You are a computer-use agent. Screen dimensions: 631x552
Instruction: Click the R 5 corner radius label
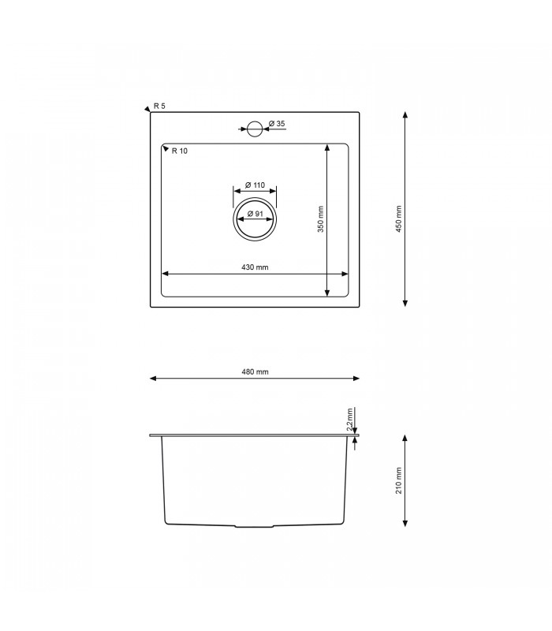pyautogui.click(x=160, y=106)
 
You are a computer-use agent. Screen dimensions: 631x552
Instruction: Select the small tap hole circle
pyautogui.click(x=255, y=129)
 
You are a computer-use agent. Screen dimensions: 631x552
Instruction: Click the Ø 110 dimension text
pyautogui.click(x=254, y=185)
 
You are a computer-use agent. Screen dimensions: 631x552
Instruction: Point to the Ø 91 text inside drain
pyautogui.click(x=254, y=214)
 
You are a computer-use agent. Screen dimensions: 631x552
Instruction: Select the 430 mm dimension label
pyautogui.click(x=254, y=268)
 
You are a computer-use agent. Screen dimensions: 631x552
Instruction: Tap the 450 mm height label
pyautogui.click(x=399, y=219)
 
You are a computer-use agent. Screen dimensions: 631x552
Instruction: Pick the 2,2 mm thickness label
pyautogui.click(x=350, y=419)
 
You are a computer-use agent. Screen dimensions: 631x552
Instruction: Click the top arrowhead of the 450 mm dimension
pyautogui.click(x=405, y=115)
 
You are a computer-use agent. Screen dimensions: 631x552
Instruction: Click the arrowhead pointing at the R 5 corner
pyautogui.click(x=147, y=109)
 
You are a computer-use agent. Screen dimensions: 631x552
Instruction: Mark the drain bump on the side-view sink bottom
pyautogui.click(x=254, y=526)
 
